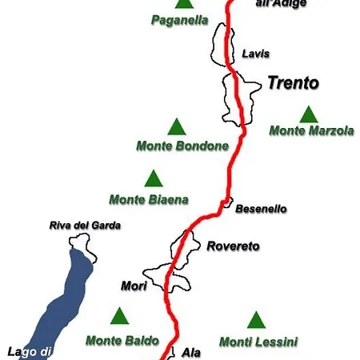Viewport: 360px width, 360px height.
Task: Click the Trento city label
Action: (293, 83)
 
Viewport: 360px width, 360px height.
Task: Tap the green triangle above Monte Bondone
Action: (176, 126)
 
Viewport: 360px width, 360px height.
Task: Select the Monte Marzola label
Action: (311, 130)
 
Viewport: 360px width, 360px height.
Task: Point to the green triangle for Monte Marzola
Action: (307, 114)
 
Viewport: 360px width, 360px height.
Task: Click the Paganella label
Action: (179, 20)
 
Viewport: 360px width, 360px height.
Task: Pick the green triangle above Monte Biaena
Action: (152, 178)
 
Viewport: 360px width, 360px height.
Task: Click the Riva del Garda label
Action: (85, 226)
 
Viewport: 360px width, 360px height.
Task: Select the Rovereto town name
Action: (233, 246)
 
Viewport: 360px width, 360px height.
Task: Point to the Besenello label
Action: (261, 209)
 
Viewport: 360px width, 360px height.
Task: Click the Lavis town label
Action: (255, 54)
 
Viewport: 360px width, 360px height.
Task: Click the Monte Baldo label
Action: (122, 340)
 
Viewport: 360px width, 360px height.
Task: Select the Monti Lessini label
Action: (258, 342)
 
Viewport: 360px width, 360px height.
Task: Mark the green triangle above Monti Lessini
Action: (255, 321)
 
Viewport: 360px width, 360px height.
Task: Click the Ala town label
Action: (191, 352)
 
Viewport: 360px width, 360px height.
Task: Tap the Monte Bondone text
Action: (182, 146)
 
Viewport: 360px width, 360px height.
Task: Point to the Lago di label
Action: (30, 351)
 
